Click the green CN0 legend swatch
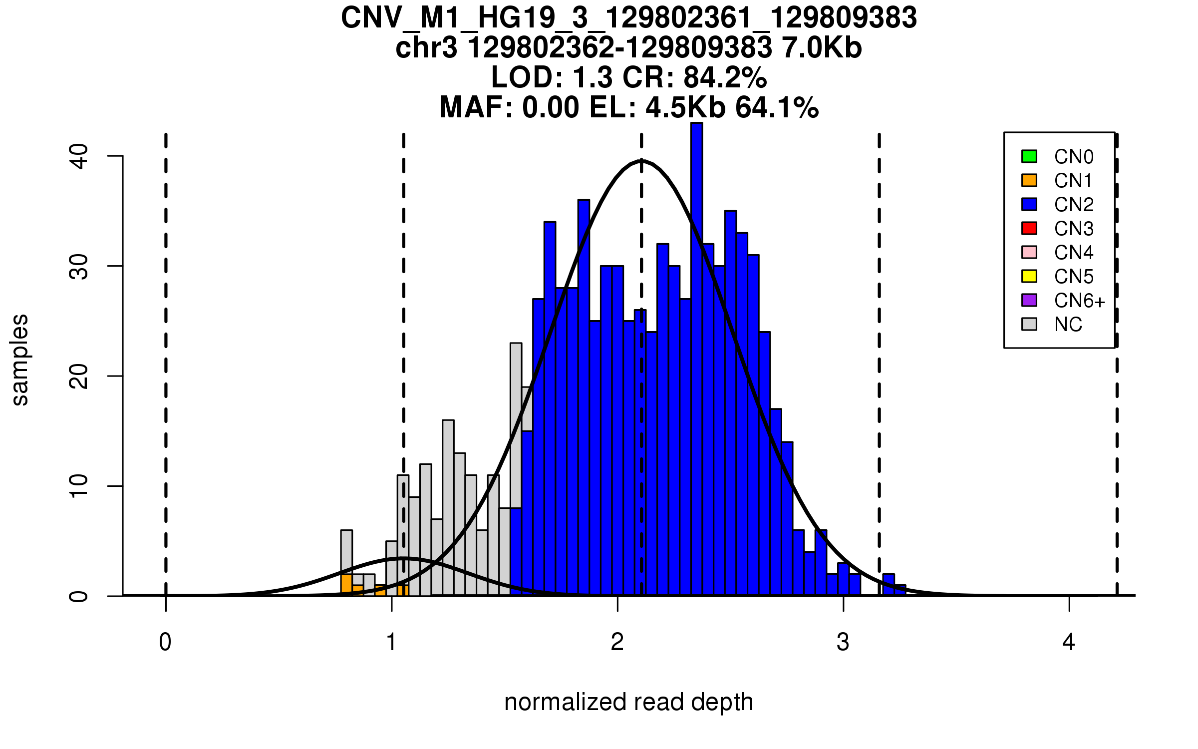pos(1029,156)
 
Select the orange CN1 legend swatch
pos(1029,180)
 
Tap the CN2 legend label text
pos(1073,205)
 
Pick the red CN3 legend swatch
pos(1029,228)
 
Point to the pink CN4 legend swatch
pos(1029,252)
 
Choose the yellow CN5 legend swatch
pos(1029,276)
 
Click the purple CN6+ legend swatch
pos(1029,300)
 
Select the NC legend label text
pos(1068,325)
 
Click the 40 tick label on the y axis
pos(79,156)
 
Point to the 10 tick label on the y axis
pos(79,486)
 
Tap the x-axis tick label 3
pos(843,642)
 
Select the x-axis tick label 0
pos(165,642)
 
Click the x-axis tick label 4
pos(1069,642)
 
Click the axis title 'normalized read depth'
pos(628,702)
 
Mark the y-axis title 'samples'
pos(20,360)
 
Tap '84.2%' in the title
pos(725,77)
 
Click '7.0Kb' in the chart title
pos(822,48)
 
